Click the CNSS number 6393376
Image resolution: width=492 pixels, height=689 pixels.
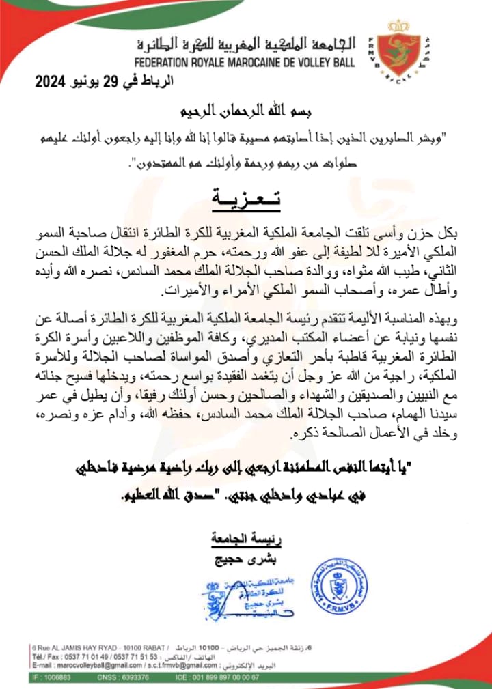click(x=161, y=677)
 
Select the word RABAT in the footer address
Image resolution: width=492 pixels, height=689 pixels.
click(x=161, y=647)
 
